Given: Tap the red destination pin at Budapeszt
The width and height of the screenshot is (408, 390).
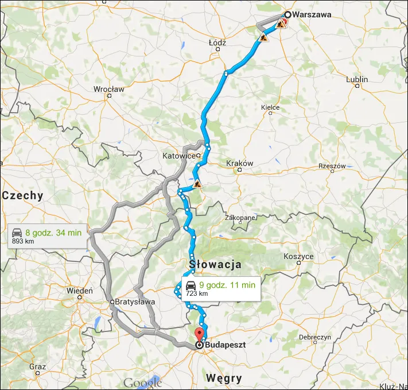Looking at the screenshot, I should pos(199,334).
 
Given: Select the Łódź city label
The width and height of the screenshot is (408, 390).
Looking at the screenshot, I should pos(217,43).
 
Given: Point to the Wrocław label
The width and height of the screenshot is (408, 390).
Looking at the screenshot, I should pos(108,89).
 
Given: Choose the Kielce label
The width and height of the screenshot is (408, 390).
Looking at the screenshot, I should pos(270,107).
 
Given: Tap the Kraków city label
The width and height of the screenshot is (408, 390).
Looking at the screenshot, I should pos(240,164).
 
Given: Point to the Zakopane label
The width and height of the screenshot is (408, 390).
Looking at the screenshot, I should pos(240,218).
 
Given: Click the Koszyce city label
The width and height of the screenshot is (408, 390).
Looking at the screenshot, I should pos(298,257).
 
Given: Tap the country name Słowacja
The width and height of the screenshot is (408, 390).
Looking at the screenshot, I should pos(215,264).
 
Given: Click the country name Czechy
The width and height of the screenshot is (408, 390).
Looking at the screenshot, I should pos(23,195).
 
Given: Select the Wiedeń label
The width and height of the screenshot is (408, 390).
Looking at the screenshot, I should pos(79,291).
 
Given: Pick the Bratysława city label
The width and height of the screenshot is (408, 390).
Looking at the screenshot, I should pos(135,302).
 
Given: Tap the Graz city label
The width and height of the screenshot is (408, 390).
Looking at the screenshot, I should pos(38,366).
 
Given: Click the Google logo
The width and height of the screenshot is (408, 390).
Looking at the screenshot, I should pos(142,383).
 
